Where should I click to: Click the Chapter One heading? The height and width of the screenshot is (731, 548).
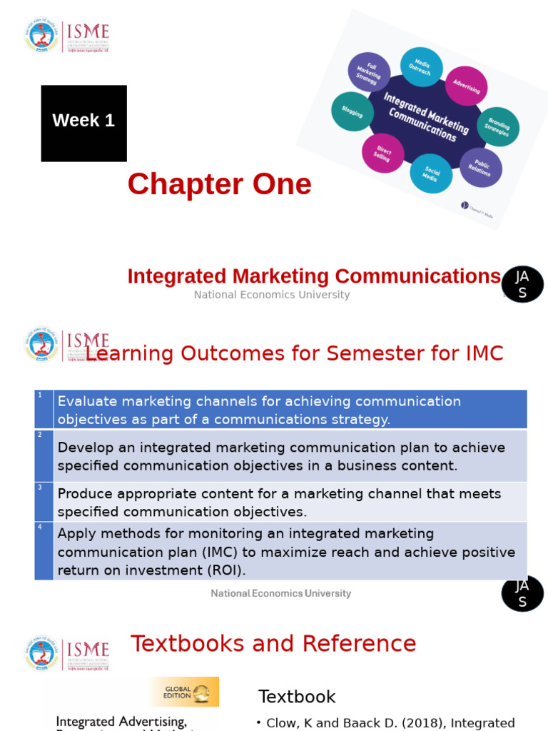click(x=219, y=184)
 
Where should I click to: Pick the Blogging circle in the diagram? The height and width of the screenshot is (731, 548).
click(x=352, y=111)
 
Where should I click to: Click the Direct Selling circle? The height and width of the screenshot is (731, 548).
click(x=383, y=153)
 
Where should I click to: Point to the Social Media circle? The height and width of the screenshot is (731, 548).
click(x=431, y=173)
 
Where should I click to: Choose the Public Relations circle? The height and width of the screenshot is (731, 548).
click(x=480, y=167)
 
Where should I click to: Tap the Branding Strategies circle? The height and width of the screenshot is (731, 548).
click(x=497, y=126)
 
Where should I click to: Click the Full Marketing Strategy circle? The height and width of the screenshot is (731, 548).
click(x=369, y=73)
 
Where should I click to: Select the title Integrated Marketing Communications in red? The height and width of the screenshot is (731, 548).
click(x=314, y=276)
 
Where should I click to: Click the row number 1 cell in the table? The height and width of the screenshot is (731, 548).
click(x=44, y=409)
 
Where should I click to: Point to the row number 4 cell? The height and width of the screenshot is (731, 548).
click(x=44, y=550)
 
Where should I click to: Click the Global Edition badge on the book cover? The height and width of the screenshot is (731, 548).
click(x=184, y=692)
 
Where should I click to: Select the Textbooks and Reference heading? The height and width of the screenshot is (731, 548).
click(x=273, y=643)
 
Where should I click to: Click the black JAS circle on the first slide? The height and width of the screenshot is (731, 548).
click(x=522, y=284)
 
